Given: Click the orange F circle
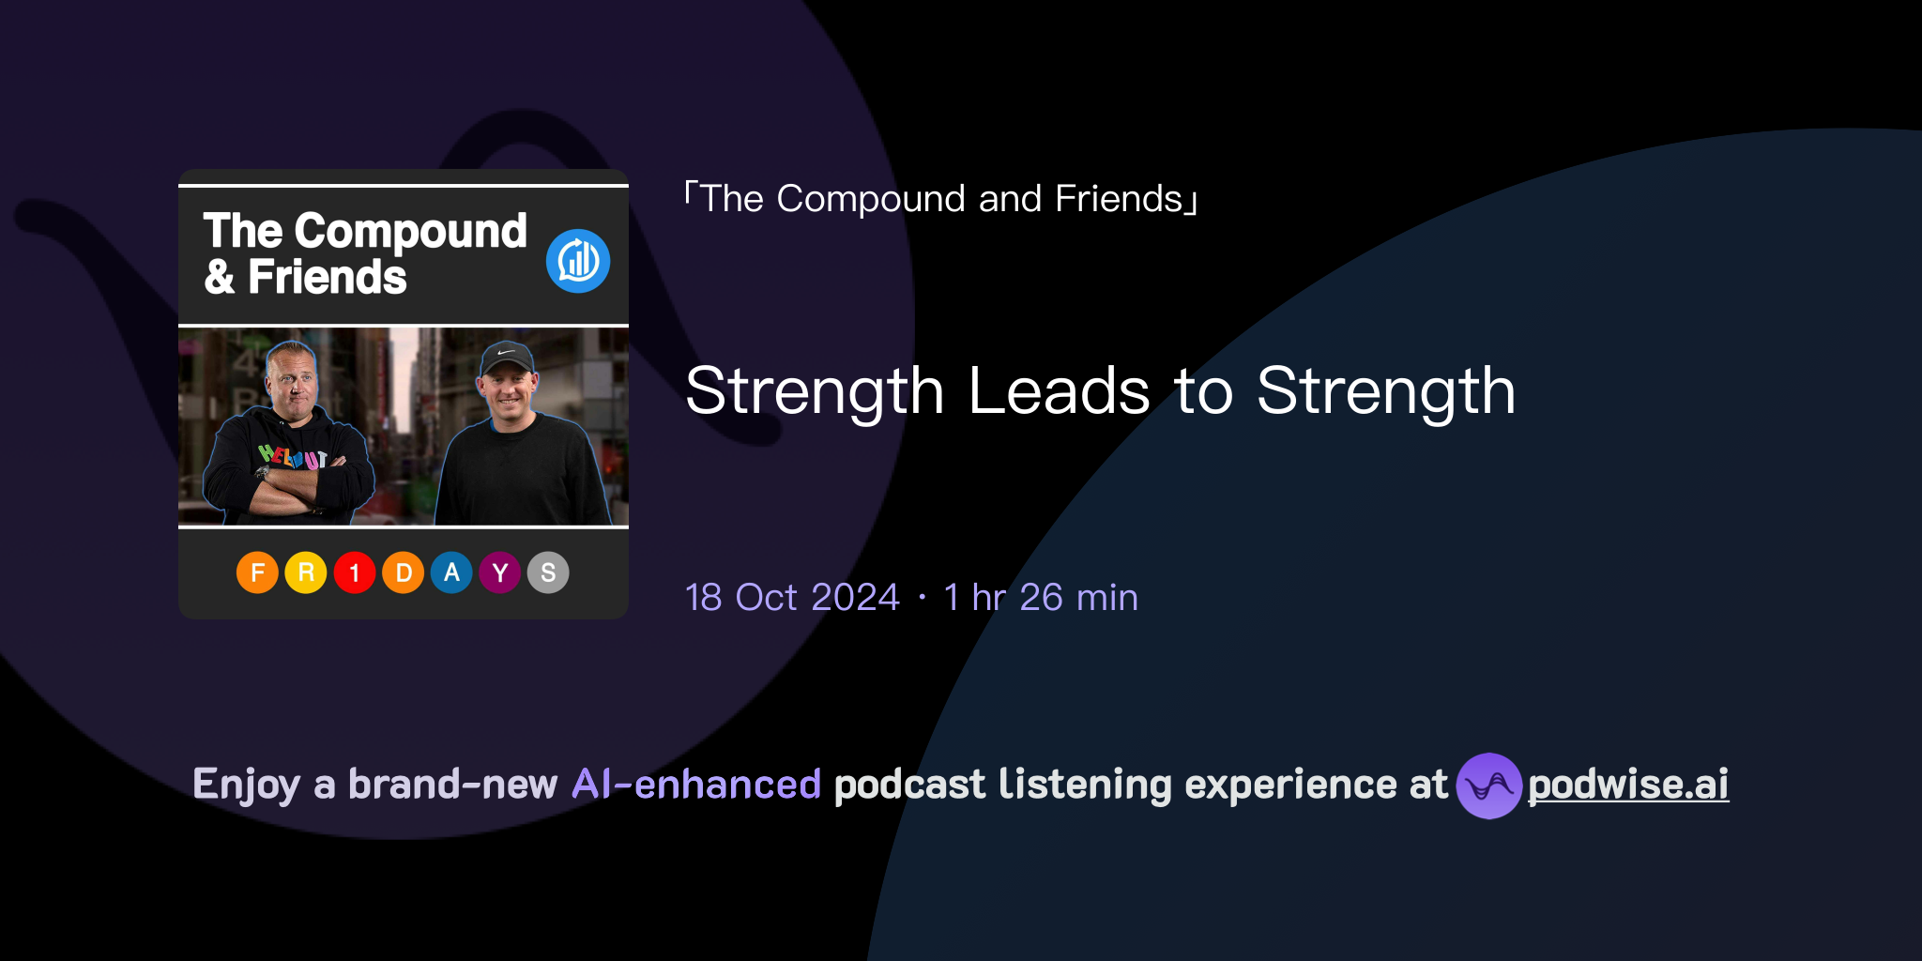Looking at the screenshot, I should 257,572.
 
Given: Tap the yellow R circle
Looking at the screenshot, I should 306,572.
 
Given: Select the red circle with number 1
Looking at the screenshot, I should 355,572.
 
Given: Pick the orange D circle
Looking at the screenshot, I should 404,572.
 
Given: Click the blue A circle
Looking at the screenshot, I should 451,572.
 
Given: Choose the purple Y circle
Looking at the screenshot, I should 500,572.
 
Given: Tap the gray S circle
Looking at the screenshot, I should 548,572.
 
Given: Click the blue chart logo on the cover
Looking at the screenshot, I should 578,261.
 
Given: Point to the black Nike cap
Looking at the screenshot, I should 507,358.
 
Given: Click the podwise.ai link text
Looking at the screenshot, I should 1628,785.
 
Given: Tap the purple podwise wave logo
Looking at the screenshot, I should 1489,786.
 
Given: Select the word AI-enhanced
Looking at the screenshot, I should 696,785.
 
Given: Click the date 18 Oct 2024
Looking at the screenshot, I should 792,598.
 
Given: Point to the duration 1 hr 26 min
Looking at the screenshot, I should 1041,598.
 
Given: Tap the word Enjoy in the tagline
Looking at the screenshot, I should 247,785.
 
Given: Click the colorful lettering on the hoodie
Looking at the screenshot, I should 293,457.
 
